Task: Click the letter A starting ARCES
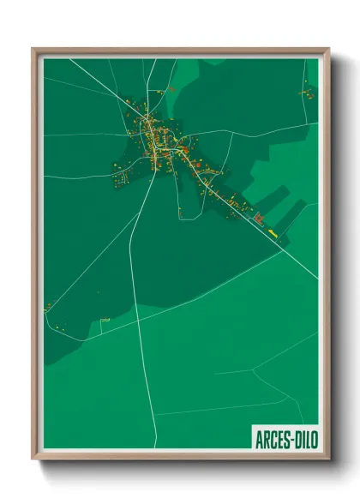click(x=259, y=439)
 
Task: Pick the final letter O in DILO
click(x=313, y=439)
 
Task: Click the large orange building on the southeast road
click(x=258, y=219)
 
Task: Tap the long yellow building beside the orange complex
click(x=273, y=231)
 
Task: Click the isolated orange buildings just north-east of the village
click(x=171, y=88)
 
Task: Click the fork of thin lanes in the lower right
click(x=253, y=371)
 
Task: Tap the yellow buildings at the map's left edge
click(x=49, y=306)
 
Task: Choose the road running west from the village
click(x=81, y=135)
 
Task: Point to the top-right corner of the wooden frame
click(x=327, y=50)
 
